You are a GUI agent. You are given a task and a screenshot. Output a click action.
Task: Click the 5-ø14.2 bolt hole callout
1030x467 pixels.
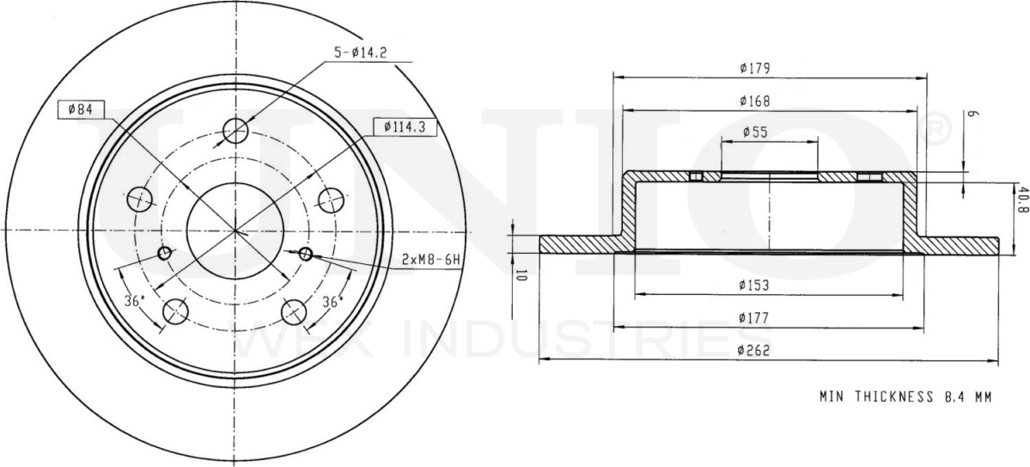360,52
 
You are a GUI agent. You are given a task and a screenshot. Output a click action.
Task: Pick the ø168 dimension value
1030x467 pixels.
754,101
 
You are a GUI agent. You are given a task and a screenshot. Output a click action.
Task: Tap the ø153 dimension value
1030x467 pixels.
754,286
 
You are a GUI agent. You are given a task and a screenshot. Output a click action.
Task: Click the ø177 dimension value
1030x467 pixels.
754,318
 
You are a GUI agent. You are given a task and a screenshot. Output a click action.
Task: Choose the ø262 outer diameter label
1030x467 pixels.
754,350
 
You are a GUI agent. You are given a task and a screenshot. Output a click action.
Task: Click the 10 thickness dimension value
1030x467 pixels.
521,276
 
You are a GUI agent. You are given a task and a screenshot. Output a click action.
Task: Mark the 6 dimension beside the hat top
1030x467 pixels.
972,114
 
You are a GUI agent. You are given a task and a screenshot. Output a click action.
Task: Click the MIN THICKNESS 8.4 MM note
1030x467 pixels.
905,397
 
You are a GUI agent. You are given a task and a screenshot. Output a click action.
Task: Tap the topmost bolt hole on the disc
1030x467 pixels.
235,131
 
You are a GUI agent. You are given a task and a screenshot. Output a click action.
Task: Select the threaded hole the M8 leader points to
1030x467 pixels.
305,254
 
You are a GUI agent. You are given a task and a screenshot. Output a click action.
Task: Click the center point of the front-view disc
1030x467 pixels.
235,230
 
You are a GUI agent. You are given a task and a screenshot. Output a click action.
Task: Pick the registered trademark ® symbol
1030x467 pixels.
936,129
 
